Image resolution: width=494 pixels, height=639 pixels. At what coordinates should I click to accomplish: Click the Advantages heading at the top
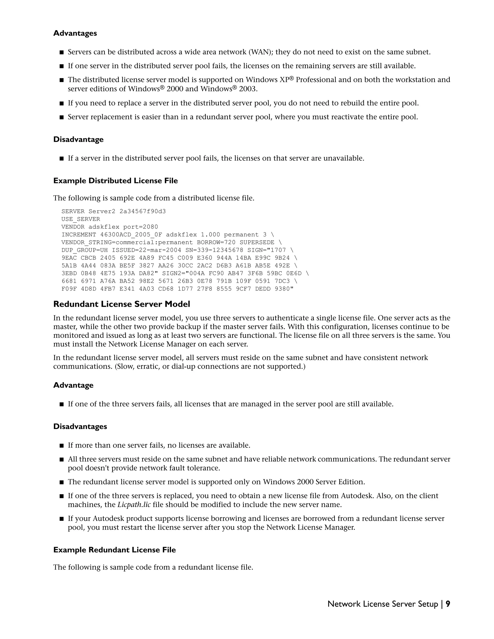pos(75,33)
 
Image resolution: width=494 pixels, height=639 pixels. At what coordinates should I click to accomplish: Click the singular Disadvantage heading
pos(78,140)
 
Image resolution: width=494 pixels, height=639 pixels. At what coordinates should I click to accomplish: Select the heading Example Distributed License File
pos(115,181)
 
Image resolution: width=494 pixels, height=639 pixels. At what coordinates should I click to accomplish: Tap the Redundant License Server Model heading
pos(122,304)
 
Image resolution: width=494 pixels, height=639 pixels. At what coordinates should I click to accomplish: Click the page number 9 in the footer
pos(448,604)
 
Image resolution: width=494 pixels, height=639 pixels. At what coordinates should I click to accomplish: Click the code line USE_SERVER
pos(81,219)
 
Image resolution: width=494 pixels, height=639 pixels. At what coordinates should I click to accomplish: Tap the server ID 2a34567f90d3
pos(143,211)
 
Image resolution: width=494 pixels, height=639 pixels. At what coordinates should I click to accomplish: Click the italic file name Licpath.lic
pos(134,505)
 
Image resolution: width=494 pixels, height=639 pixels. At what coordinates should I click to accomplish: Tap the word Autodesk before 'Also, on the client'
pos(356,496)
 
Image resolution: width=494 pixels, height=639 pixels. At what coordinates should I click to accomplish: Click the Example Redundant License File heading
pos(114,550)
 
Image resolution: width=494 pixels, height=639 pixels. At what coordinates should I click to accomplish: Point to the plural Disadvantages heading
pos(80,427)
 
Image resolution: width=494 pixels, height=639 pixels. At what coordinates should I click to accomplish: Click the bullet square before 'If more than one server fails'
pos(62,446)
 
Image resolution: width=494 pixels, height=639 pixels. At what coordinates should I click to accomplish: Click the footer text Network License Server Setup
pos(383,604)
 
